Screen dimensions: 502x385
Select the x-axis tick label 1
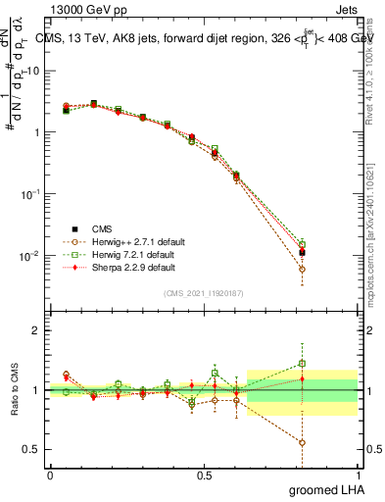358,474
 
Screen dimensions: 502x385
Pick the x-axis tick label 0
50,474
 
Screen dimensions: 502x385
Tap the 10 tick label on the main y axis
32,71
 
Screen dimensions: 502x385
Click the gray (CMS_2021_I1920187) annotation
205,292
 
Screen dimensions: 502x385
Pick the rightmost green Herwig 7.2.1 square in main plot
302,244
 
